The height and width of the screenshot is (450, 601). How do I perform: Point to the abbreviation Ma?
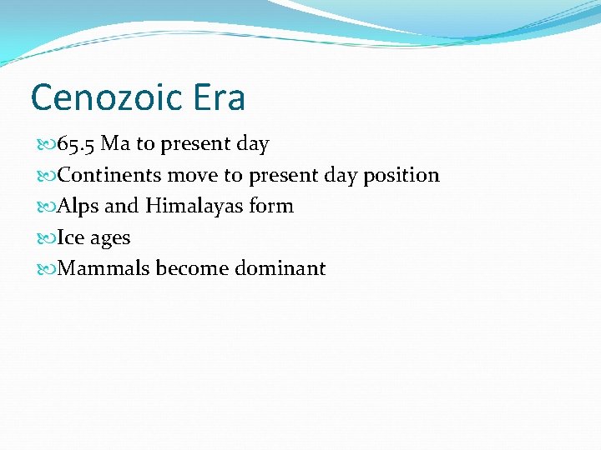(115, 144)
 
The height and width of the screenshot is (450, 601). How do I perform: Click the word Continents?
(110, 175)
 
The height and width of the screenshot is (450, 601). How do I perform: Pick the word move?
(194, 175)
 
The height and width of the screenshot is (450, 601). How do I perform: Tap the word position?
(401, 176)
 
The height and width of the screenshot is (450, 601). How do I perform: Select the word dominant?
(284, 268)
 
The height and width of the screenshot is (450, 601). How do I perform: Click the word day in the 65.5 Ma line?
(253, 145)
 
